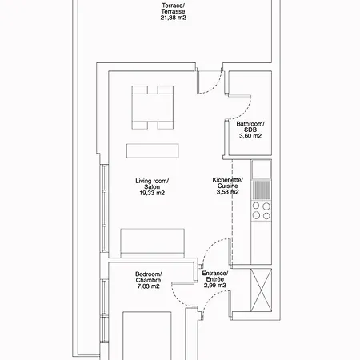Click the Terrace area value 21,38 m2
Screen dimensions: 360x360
click(x=173, y=18)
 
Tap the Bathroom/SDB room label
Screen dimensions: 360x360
click(x=250, y=127)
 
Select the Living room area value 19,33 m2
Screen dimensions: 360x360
click(x=152, y=193)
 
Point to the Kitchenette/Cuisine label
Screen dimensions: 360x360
click(x=227, y=183)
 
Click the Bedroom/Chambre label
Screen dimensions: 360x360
click(x=149, y=277)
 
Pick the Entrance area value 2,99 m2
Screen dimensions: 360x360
click(x=215, y=286)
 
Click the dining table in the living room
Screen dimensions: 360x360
click(x=153, y=107)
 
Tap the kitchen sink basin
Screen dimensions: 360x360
click(x=262, y=169)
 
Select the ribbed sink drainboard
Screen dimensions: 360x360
click(x=262, y=190)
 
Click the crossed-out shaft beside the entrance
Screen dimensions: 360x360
click(x=262, y=290)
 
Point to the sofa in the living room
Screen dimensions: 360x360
click(x=153, y=243)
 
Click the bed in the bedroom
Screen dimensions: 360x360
click(x=147, y=336)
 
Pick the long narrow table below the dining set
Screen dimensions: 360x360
click(x=153, y=150)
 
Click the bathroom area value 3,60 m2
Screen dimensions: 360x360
click(x=250, y=136)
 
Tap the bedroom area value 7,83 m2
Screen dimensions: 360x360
click(x=149, y=286)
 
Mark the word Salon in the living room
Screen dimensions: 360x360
click(x=152, y=187)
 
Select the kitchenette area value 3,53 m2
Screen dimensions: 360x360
click(x=227, y=192)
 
